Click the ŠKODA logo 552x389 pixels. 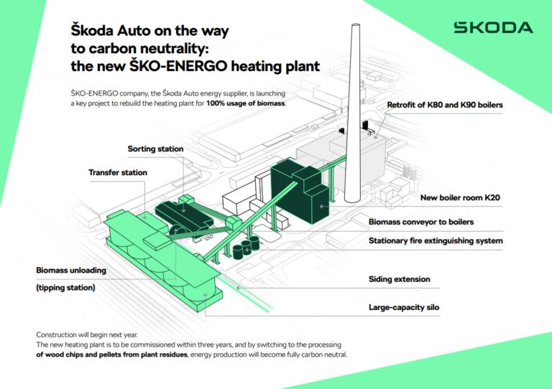coord(493,28)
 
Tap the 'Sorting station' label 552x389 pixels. coord(155,149)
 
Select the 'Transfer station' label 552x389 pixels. coord(117,173)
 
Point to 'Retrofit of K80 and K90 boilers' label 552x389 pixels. coord(444,106)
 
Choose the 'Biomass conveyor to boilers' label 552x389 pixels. coord(420,222)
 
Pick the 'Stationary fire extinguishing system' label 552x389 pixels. coord(436,240)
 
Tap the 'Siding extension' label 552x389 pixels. coord(399,279)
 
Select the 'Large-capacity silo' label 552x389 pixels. coord(404,308)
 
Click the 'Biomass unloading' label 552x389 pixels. coord(71,271)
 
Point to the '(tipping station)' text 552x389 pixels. coord(65,288)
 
